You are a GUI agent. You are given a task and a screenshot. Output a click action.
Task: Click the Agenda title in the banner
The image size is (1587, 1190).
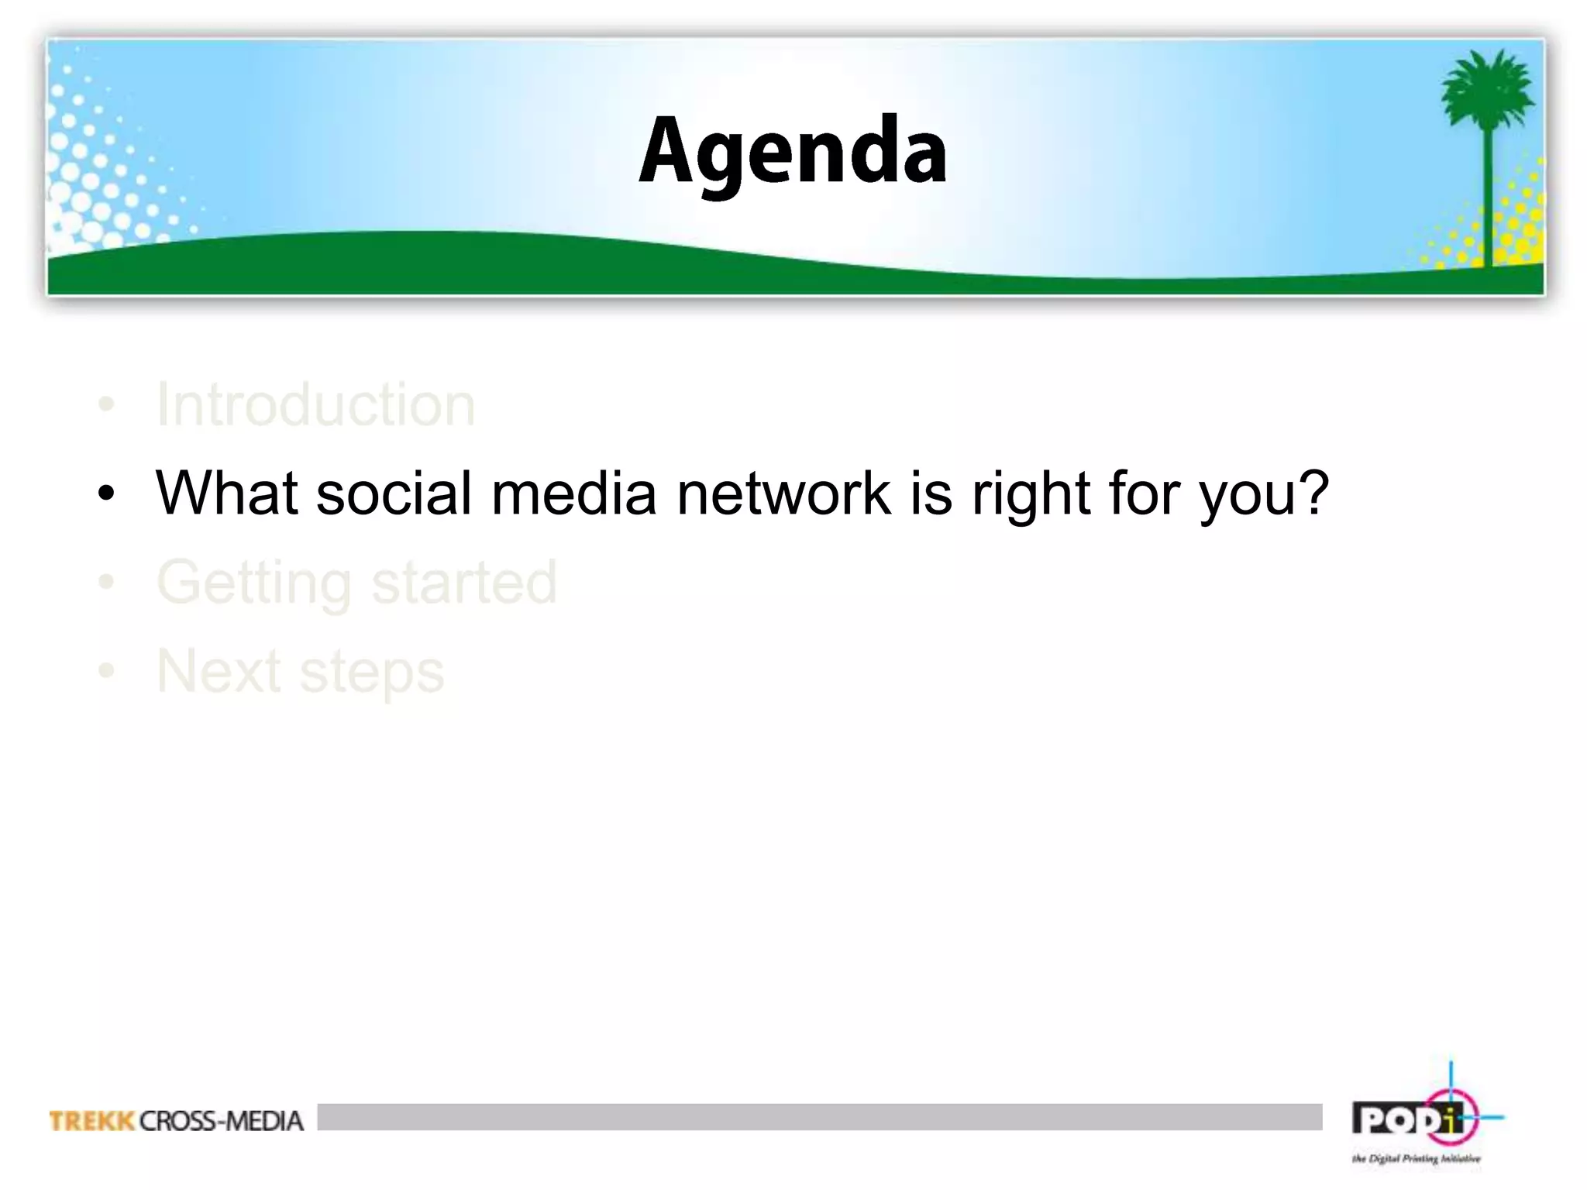792,152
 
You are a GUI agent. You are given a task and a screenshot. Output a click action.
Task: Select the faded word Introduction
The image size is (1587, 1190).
315,404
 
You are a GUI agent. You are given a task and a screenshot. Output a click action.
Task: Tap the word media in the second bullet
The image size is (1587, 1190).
574,493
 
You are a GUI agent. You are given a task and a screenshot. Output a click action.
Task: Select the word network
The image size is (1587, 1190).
783,493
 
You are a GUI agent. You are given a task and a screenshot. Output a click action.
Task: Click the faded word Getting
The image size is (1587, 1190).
254,583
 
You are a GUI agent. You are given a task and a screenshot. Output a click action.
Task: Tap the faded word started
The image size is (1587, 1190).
464,583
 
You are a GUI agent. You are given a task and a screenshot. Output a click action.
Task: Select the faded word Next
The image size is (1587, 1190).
219,671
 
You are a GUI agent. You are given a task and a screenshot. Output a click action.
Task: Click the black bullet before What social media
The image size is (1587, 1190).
107,494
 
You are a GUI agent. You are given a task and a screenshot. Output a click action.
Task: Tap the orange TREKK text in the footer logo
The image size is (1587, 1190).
92,1121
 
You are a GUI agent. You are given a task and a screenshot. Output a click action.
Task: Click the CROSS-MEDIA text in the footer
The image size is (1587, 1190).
222,1121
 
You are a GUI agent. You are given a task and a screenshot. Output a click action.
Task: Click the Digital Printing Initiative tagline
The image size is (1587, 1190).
1416,1159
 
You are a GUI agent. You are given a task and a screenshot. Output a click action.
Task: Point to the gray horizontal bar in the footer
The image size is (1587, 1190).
819,1117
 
